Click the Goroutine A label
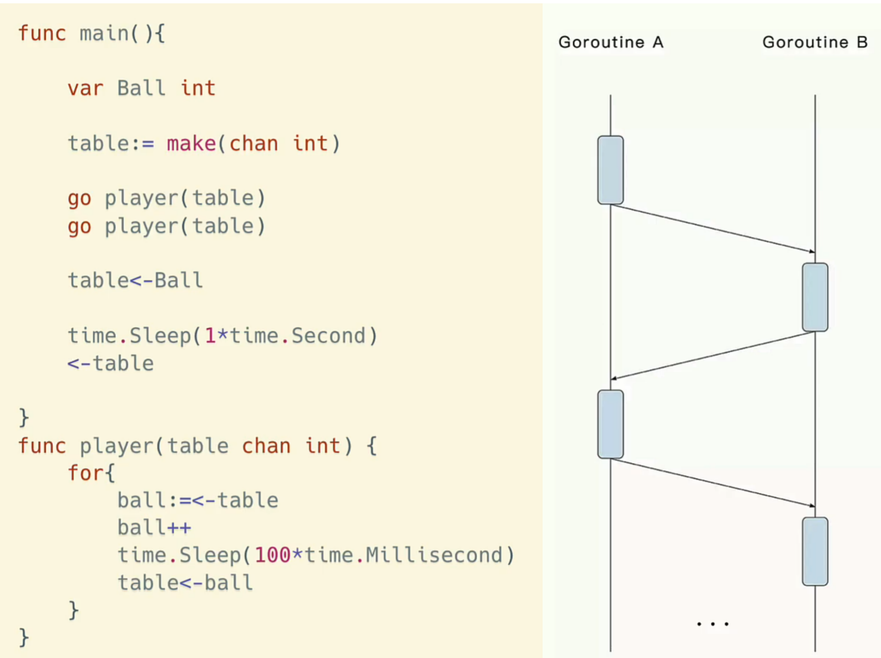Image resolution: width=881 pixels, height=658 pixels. pyautogui.click(x=610, y=42)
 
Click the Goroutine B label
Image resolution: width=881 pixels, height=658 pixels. pyautogui.click(x=815, y=42)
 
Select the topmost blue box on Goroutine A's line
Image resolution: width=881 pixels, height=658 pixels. pyautogui.click(x=610, y=170)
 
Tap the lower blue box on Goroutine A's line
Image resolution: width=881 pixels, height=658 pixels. pyautogui.click(x=610, y=424)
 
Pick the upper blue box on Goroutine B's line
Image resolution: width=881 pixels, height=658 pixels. pyautogui.click(x=815, y=297)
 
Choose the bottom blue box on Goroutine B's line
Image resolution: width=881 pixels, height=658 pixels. pyautogui.click(x=815, y=551)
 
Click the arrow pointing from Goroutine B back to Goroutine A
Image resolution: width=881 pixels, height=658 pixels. pyautogui.click(x=713, y=355)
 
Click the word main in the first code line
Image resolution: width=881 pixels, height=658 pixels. pyautogui.click(x=104, y=33)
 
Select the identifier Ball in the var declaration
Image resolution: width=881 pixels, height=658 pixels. pyautogui.click(x=141, y=88)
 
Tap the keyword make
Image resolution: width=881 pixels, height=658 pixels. pyautogui.click(x=191, y=143)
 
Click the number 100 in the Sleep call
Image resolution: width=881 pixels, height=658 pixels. pyautogui.click(x=272, y=555)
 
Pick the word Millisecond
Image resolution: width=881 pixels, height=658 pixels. pyautogui.click(x=434, y=555)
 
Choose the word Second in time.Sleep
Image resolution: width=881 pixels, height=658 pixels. pyautogui.click(x=328, y=336)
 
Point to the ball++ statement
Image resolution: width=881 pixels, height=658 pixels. pyautogui.click(x=154, y=527)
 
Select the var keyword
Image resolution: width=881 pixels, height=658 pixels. pyautogui.click(x=85, y=88)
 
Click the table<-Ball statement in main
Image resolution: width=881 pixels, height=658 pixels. pyautogui.click(x=135, y=280)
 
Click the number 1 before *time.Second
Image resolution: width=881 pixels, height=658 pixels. pyautogui.click(x=210, y=336)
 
